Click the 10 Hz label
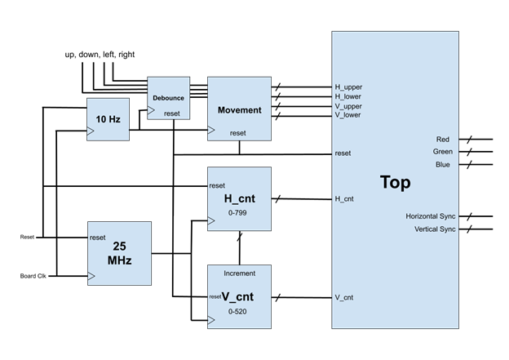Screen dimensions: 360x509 (x=108, y=119)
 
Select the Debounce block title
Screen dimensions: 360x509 (x=168, y=98)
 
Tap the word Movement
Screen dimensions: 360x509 (x=239, y=110)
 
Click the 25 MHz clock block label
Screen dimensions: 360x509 (x=119, y=253)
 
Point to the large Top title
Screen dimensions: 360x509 (x=395, y=183)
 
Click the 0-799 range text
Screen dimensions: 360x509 (x=239, y=212)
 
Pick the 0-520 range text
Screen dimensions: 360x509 (x=239, y=312)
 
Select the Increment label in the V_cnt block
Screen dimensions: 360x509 (x=239, y=273)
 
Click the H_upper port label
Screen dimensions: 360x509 (x=348, y=87)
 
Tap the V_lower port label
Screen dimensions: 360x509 (x=347, y=115)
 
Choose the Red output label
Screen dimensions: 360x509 (x=442, y=140)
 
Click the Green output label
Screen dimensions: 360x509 (x=442, y=152)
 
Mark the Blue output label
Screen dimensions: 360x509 (x=442, y=165)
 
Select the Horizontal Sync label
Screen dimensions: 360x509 (x=431, y=216)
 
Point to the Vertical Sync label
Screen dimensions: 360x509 (x=435, y=229)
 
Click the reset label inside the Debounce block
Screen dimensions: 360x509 (x=171, y=113)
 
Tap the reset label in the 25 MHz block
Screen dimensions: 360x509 (x=98, y=238)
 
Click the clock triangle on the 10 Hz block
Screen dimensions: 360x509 (x=91, y=131)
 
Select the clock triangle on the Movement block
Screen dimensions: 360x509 (x=210, y=130)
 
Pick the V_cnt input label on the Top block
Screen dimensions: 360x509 (x=343, y=298)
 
